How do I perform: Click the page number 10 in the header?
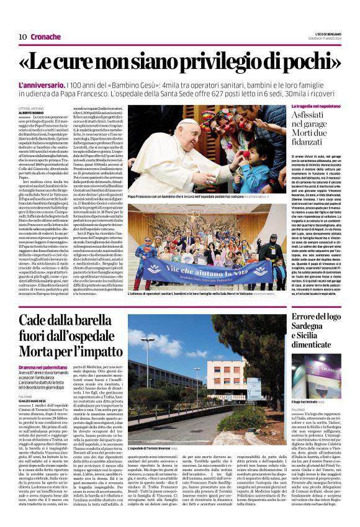click(x=22, y=37)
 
